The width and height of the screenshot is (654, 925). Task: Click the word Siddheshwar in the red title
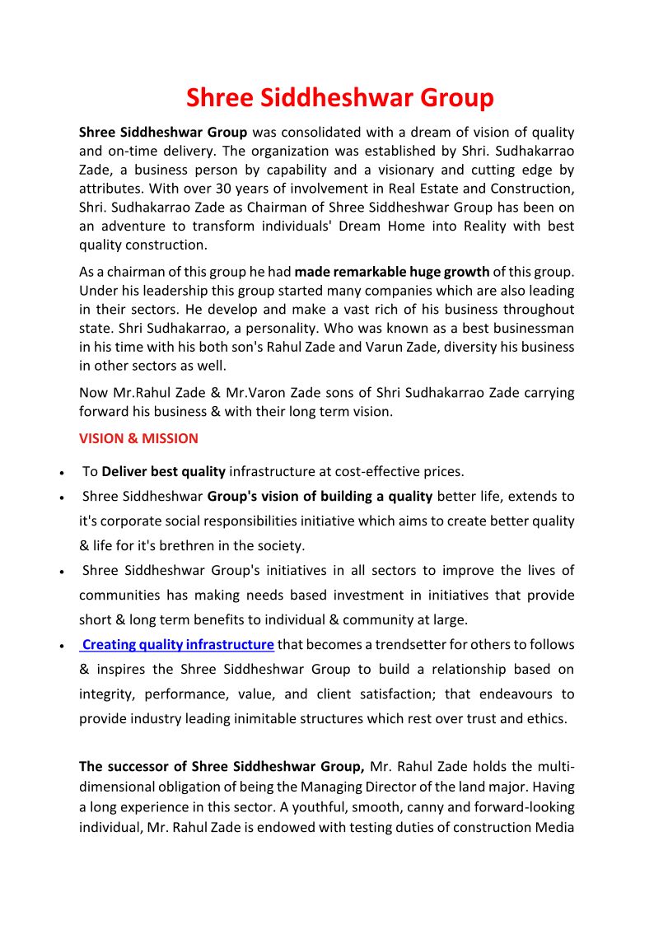coord(339,98)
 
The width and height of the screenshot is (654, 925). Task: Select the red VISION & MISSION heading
coord(138,438)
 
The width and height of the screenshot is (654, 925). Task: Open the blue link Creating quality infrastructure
coord(178,644)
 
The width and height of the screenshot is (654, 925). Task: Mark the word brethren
coord(203,545)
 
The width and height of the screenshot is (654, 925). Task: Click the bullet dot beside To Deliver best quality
coord(63,474)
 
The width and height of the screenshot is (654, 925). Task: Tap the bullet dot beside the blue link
coord(63,647)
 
